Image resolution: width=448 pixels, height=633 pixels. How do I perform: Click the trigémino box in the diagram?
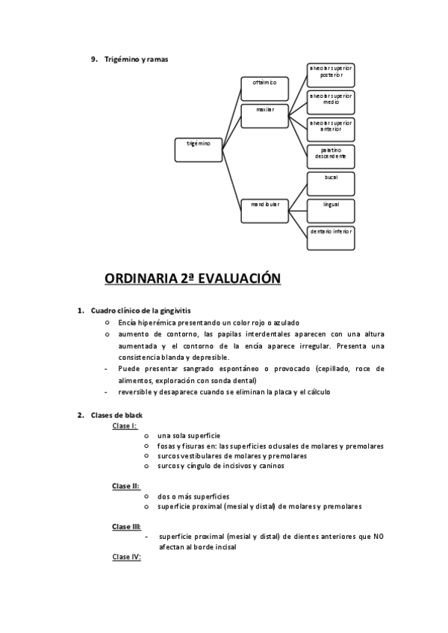198,149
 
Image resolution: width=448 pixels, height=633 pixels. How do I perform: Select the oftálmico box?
264,87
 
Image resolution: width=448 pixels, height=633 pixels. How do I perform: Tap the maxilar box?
264,115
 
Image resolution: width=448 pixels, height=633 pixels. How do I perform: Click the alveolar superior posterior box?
331,75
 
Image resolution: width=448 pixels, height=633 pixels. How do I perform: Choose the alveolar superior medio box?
331,102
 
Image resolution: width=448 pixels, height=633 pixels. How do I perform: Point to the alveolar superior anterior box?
331,129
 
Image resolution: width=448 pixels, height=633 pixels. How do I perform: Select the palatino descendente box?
331,156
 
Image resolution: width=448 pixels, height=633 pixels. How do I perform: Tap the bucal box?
331,184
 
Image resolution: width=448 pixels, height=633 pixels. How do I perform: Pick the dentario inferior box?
331,237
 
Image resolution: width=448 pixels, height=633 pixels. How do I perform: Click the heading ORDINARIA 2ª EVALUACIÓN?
192,278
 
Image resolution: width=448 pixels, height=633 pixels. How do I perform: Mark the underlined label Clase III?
127,526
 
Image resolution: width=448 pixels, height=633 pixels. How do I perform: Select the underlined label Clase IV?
127,557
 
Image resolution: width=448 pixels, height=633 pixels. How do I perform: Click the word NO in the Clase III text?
379,537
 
